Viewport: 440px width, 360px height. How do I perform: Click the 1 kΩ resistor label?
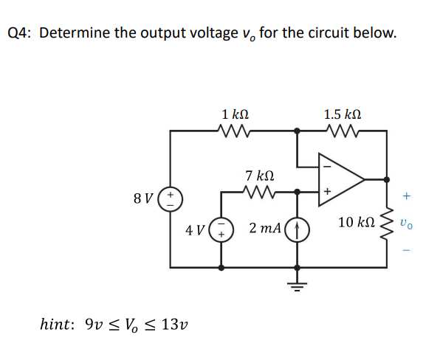[x=235, y=114]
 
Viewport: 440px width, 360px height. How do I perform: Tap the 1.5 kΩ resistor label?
[x=343, y=114]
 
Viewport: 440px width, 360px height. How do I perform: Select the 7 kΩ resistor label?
[x=259, y=176]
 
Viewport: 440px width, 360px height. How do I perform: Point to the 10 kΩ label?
[x=357, y=222]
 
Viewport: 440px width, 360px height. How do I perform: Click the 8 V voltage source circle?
[x=171, y=198]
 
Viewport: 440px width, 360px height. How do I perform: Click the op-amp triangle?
[x=339, y=179]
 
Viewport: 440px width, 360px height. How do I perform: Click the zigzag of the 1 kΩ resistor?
[x=235, y=131]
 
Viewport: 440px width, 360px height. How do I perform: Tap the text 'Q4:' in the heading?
[x=20, y=34]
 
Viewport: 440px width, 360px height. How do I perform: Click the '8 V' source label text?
[x=144, y=198]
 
